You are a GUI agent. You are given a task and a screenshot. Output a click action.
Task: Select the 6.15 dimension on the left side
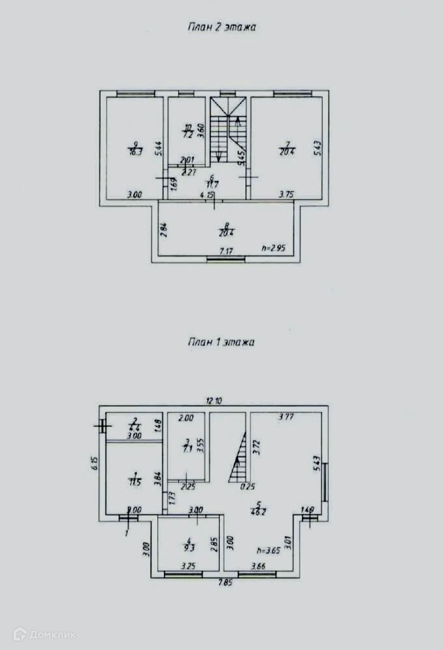pos(94,463)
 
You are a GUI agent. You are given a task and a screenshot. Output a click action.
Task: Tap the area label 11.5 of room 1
pos(135,482)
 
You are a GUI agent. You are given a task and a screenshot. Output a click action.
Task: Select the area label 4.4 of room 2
pos(134,428)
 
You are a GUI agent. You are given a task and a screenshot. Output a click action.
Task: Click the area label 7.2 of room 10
pos(188,135)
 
